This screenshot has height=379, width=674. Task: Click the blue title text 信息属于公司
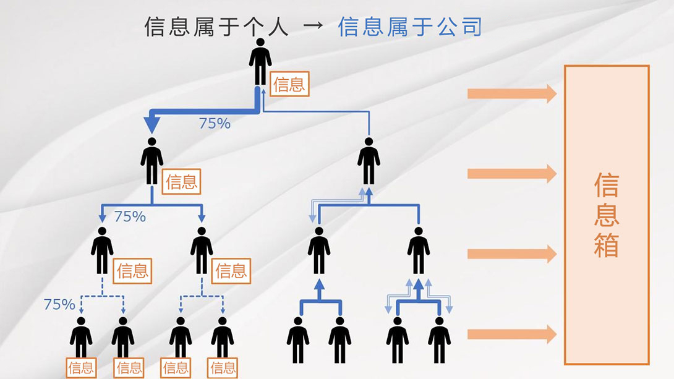pyautogui.click(x=410, y=27)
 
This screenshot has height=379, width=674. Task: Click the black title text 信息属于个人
pyautogui.click(x=216, y=27)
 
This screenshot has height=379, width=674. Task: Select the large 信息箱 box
pyautogui.click(x=607, y=215)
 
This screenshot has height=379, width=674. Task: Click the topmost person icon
pyautogui.click(x=260, y=62)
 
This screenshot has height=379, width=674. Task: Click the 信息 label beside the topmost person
pyautogui.click(x=289, y=84)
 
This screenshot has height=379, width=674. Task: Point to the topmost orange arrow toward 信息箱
pyautogui.click(x=511, y=93)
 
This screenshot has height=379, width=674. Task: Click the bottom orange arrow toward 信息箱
pyautogui.click(x=511, y=334)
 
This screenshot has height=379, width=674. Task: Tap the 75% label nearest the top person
pyautogui.click(x=215, y=124)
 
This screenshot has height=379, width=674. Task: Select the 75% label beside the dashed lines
pyautogui.click(x=59, y=304)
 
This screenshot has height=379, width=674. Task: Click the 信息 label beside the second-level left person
pyautogui.click(x=182, y=182)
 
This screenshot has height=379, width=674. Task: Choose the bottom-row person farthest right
pyautogui.click(x=439, y=339)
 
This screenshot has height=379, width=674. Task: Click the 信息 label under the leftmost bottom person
pyautogui.click(x=81, y=368)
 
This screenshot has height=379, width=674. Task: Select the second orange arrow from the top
pyautogui.click(x=511, y=173)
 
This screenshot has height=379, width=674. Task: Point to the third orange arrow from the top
pyautogui.click(x=511, y=253)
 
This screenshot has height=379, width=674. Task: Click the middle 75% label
pyautogui.click(x=130, y=216)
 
